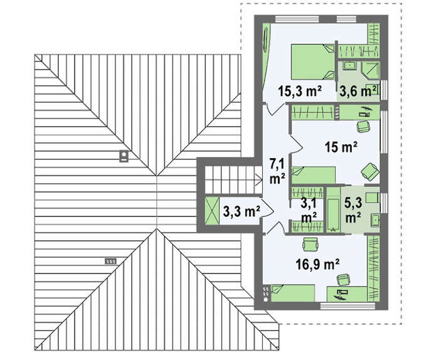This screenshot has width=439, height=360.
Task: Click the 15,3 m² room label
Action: coord(299,91)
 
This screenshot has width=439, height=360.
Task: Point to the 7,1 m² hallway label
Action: coord(277,171)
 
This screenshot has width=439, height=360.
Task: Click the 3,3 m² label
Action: coord(241,211)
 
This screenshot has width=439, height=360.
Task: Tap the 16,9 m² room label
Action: coord(317,264)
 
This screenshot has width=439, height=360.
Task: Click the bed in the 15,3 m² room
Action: coord(313,61)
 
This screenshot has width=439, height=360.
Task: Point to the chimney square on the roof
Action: coord(124,156)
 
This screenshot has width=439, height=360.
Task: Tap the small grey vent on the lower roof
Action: coord(110,262)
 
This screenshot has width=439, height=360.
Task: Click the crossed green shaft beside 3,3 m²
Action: coord(212,211)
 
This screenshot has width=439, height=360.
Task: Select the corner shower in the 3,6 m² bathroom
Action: coord(371,70)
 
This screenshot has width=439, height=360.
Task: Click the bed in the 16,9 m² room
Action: coord(293,294)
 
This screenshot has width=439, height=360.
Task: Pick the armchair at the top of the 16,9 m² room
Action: coord(310,243)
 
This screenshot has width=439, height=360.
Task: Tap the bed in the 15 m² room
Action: coord(314,175)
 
